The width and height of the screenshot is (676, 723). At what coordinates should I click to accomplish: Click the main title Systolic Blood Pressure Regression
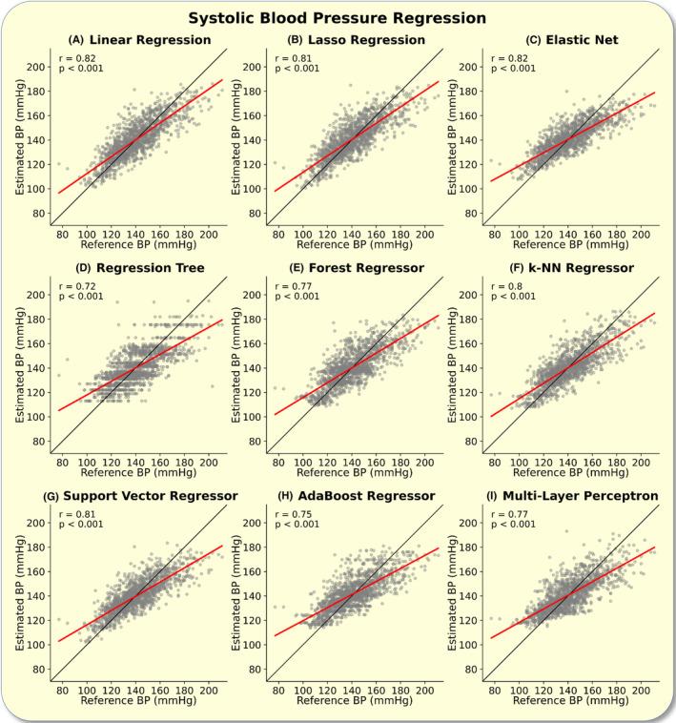coord(337,17)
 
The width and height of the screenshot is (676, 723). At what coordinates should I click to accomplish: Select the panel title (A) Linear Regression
coord(140,39)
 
